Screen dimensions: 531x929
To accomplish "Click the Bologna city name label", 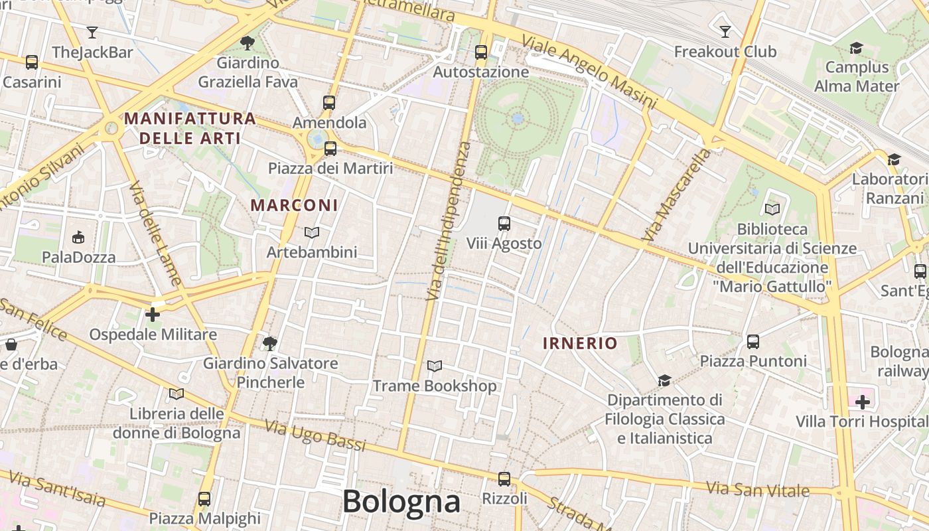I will [x=401, y=502].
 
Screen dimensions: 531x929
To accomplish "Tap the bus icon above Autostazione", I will [x=481, y=52].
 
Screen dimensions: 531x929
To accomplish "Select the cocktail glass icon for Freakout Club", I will [x=725, y=31].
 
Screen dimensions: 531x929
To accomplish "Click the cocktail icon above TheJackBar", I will [x=92, y=32].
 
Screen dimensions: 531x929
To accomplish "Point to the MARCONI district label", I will [x=294, y=205].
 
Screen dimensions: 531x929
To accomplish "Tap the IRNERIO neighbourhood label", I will [x=580, y=343].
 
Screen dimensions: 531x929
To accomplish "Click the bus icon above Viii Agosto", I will [x=504, y=224].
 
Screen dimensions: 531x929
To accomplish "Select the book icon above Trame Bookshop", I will [x=435, y=366].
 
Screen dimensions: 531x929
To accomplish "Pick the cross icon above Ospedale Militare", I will [x=153, y=314].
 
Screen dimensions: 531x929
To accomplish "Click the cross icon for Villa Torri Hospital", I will [x=863, y=402].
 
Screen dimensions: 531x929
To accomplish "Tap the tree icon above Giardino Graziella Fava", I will [x=248, y=43].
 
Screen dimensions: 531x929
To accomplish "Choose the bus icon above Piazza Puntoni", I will [x=753, y=342].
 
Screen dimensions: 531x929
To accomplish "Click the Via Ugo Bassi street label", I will [x=315, y=435].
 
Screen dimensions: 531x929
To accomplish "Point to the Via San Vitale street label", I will [x=757, y=490].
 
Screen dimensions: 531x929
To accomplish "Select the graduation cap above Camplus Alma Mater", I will [x=856, y=48].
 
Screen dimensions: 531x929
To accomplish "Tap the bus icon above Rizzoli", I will [x=504, y=479].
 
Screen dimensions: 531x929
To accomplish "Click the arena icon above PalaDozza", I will [x=78, y=237].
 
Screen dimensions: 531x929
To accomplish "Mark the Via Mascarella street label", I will [x=676, y=194].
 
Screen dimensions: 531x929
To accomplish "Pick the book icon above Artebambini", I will [x=312, y=232].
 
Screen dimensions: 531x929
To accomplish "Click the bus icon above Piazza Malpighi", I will [x=204, y=498].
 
